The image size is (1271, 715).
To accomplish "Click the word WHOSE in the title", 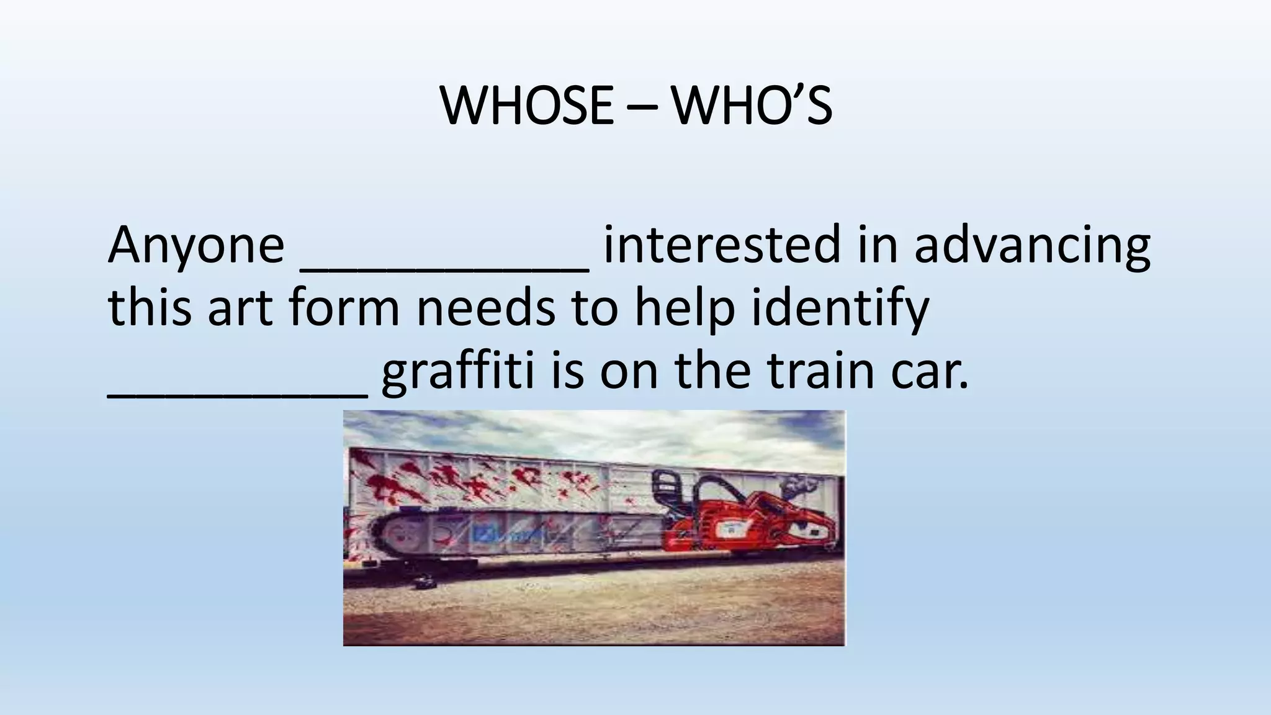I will (x=527, y=106).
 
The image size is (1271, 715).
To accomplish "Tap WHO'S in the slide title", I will (x=752, y=106).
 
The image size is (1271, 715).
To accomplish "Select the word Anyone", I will (x=195, y=246).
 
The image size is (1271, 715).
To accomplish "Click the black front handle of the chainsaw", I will (x=673, y=490).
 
